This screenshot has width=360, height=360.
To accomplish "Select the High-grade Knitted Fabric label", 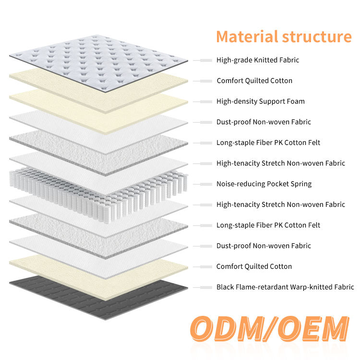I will [x=258, y=60].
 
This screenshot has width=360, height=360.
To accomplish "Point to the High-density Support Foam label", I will [x=261, y=101].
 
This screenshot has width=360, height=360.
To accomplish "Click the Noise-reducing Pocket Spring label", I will [x=264, y=184].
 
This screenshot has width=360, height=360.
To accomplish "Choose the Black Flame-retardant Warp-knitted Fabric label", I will [x=285, y=287].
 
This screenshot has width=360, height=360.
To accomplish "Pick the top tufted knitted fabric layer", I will [x=98, y=55].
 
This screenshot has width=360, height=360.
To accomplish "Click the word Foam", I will [x=296, y=101].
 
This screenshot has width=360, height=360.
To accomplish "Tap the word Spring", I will [x=300, y=184].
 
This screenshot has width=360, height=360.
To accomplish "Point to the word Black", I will [x=225, y=287].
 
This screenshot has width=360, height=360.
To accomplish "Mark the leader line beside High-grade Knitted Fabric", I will [x=203, y=60].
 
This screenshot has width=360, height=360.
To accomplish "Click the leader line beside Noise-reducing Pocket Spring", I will [x=203, y=184].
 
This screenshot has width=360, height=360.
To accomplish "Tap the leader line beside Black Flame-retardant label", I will [x=203, y=288].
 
